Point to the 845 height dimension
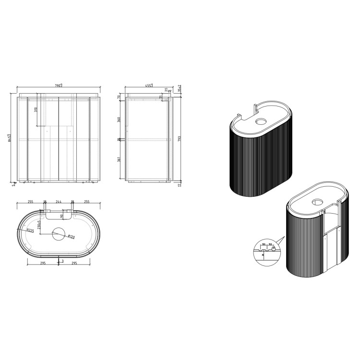coord(10,139)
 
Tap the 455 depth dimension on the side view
coord(149,86)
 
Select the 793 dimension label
coord(180,139)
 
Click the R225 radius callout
coord(30,230)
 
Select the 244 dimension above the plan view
coord(59,202)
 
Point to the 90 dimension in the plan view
coord(61,216)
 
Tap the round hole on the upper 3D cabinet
coord(262,121)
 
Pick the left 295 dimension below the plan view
coord(42,263)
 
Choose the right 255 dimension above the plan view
coord(87,202)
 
